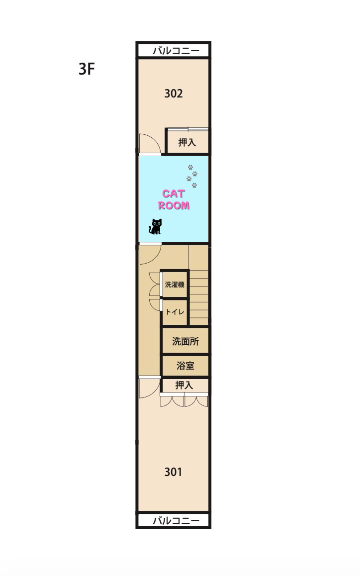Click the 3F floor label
(87, 69)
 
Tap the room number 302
(174, 94)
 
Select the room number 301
(173, 472)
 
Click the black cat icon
(156, 226)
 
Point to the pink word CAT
(174, 193)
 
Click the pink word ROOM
(174, 205)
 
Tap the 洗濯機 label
(175, 285)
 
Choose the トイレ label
(175, 312)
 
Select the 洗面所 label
(185, 341)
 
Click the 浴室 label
(185, 366)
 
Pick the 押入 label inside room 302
(187, 142)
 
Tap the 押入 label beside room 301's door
(184, 385)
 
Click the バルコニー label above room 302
(176, 50)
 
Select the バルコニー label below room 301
(176, 520)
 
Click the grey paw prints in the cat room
(192, 176)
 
